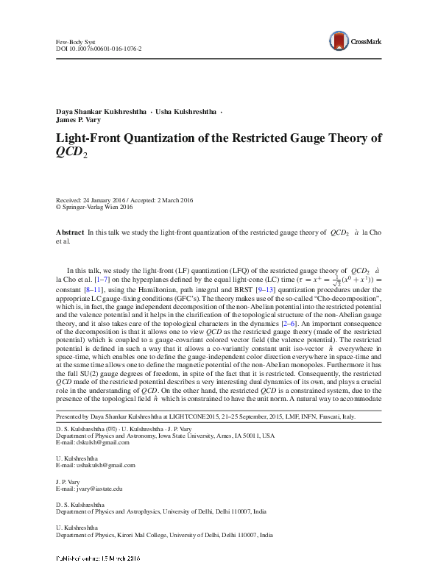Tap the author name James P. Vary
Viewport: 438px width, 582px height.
click(82, 121)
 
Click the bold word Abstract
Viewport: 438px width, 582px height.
click(70, 233)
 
